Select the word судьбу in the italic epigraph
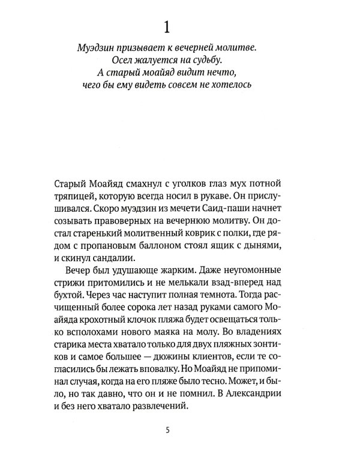(x=217, y=59)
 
